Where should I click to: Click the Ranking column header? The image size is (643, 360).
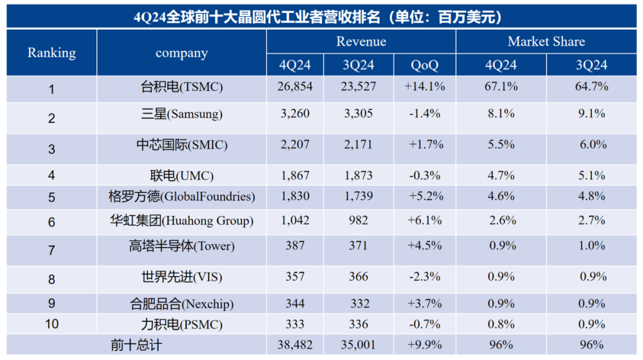[x=52, y=53]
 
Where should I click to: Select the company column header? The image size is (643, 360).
[x=182, y=53]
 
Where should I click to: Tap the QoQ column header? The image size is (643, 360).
[x=424, y=65]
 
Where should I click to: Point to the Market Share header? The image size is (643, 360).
[x=546, y=42]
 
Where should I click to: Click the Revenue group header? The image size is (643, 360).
[x=361, y=42]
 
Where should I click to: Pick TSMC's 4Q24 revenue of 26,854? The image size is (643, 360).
[x=295, y=86]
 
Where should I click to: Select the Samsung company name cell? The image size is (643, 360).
[x=182, y=114]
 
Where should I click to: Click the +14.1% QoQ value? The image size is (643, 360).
[x=424, y=86]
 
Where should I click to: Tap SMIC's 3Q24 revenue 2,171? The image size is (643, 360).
[x=358, y=145]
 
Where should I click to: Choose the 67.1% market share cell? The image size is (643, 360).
[x=501, y=86]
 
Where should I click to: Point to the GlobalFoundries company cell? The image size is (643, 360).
[x=182, y=196]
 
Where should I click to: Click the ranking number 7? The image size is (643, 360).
[x=51, y=250]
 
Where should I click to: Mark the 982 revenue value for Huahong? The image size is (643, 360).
[x=358, y=220]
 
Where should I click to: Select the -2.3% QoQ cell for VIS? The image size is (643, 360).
[x=424, y=277]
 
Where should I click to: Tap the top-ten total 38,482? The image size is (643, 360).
[x=295, y=345]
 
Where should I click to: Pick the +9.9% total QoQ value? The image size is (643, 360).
[x=424, y=345]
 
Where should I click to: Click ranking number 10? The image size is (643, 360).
[x=52, y=324]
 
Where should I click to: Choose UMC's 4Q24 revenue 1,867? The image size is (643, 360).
[x=295, y=176]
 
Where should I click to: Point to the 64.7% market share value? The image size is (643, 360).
[x=591, y=86]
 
